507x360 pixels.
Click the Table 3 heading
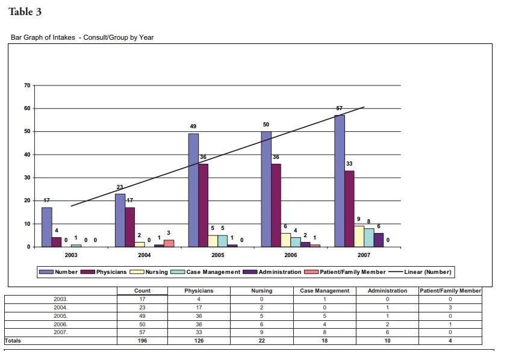25,12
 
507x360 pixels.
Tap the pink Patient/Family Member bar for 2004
169,243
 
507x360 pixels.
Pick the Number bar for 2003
46,227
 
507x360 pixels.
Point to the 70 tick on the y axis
26,85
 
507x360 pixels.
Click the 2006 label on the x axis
290,255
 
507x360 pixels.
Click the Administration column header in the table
387,291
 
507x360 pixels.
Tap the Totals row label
13,341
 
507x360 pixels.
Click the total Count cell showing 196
142,341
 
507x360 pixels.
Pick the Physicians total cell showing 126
199,341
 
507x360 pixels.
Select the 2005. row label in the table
61,315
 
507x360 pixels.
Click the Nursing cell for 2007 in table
262,332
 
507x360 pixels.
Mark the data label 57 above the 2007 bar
340,108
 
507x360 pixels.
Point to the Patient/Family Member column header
450,291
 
